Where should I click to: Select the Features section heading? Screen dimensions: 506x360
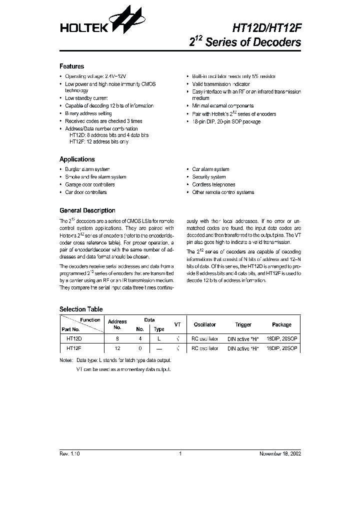click(71, 66)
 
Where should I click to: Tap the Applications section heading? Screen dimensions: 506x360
click(77, 159)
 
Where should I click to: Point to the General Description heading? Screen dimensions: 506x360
click(87, 210)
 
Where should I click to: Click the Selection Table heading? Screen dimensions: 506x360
click(81, 309)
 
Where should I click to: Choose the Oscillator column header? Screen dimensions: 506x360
click(204, 325)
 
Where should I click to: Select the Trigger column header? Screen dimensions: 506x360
click(243, 325)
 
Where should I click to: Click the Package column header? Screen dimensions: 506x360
click(281, 325)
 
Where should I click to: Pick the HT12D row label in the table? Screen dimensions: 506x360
click(73, 338)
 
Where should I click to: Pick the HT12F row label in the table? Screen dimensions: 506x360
click(73, 348)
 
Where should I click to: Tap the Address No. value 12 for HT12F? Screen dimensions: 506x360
click(117, 348)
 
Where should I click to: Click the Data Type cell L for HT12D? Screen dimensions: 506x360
click(159, 338)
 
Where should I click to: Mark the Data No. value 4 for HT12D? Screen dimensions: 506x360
click(140, 338)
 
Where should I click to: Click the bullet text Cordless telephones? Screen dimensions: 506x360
click(213, 184)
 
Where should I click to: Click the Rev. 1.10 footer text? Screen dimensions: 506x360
click(69, 453)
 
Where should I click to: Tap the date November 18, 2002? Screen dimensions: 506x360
click(279, 453)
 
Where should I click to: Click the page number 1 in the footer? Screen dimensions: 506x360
click(180, 453)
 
